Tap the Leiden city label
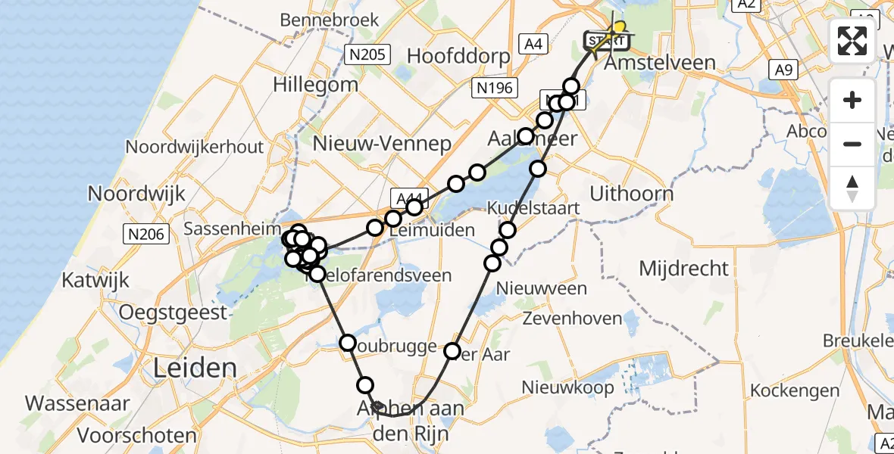point(195,368)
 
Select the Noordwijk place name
point(136,193)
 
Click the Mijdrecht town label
point(683,268)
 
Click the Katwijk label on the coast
point(95,281)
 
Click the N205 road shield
point(367,54)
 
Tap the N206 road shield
point(145,235)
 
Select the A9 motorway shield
point(783,70)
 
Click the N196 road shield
point(495,89)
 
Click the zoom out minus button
point(852,144)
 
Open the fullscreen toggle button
point(852,41)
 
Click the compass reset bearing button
point(852,188)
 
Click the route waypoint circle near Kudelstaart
point(508,229)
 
